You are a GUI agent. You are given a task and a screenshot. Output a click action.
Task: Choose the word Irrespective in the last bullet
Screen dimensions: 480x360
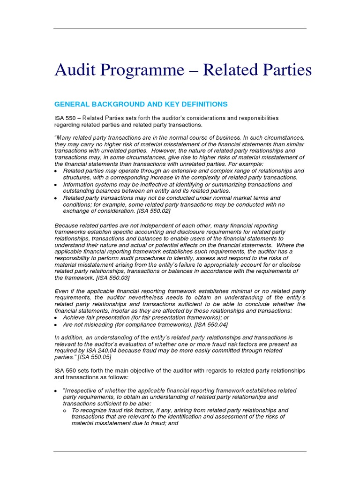click(x=82, y=390)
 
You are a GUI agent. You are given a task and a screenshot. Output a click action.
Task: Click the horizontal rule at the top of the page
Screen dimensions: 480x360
click(x=180, y=29)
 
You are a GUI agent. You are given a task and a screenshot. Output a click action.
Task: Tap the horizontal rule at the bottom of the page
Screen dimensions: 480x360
click(x=180, y=451)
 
